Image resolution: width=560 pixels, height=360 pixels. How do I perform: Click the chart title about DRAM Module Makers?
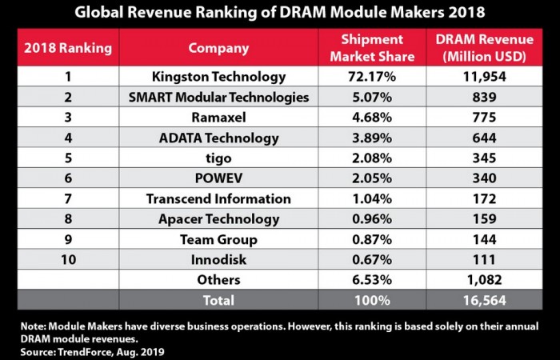(280, 13)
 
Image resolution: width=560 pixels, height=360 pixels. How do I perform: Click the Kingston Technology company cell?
(218, 77)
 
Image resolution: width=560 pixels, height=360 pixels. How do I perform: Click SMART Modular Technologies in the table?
(218, 98)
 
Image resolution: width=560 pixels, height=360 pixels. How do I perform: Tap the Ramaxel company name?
(218, 118)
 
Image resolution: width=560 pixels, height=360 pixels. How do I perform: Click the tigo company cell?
(218, 158)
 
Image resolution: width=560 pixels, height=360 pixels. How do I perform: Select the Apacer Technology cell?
(218, 218)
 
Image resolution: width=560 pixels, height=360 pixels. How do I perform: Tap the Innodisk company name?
(218, 259)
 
